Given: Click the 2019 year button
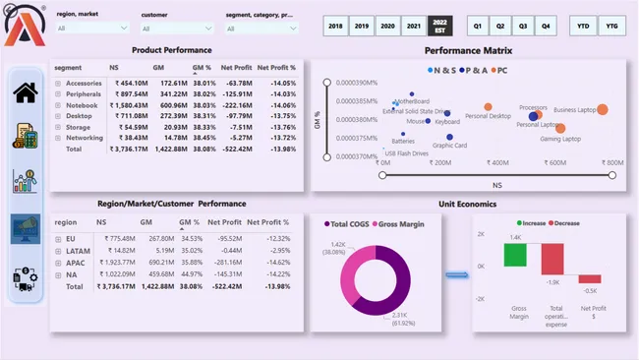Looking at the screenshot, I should point(362,25).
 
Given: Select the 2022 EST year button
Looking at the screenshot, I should point(438,25).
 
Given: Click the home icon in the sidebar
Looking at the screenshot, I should point(25,93).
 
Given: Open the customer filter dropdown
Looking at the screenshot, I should point(176,29).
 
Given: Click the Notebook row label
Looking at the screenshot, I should point(83,104).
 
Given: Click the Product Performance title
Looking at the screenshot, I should point(171,50).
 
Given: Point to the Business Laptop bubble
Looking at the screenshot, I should point(602,109).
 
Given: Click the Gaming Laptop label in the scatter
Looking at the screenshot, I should point(560,139).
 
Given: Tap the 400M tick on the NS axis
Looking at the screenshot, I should point(497,163).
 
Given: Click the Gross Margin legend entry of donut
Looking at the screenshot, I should point(402,225).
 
